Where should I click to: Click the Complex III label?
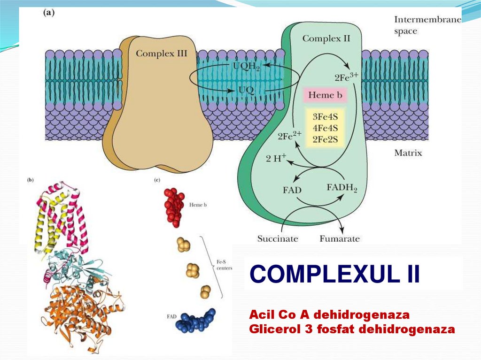(161, 54)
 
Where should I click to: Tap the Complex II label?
(326, 38)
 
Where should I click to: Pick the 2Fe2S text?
(322, 139)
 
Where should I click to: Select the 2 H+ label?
(276, 158)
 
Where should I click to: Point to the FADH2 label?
(341, 189)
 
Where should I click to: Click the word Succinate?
(278, 239)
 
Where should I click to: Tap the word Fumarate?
(340, 239)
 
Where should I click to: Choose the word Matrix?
(408, 153)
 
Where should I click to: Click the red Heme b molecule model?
(174, 207)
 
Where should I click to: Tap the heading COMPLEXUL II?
(334, 274)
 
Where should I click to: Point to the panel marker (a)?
(49, 14)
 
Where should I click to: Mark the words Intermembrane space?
(427, 25)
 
